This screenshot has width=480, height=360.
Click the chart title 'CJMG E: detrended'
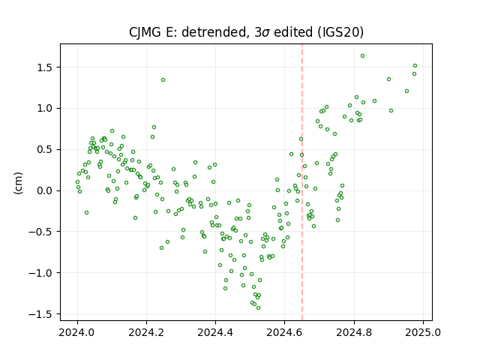tap(187, 32)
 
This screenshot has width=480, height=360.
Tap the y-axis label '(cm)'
tap(18, 183)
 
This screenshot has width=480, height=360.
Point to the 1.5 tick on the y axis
tap(44, 67)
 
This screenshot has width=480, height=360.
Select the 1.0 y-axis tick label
tap(44, 108)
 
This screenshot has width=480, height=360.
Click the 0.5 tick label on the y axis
tap(44, 150)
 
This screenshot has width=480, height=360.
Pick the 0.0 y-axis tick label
tap(44, 190)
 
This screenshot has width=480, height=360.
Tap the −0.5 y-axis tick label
tap(40, 232)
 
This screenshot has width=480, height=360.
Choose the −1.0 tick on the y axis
tap(40, 273)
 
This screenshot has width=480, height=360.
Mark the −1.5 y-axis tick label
tap(40, 314)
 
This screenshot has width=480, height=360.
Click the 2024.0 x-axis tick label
tap(77, 332)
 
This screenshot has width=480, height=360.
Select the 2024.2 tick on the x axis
tap(146, 332)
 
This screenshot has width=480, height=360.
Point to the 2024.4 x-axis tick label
tap(215, 332)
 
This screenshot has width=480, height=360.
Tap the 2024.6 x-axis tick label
tap(285, 332)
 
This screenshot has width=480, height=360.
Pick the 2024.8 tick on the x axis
tap(354, 332)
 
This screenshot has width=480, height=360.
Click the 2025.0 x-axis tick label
tap(423, 332)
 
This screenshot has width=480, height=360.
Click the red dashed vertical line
tap(302, 182)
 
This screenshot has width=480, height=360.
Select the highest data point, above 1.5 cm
tap(362, 56)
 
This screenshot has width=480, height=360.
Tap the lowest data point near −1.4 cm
tap(258, 308)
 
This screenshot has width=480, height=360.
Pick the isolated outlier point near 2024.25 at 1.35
tap(163, 80)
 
